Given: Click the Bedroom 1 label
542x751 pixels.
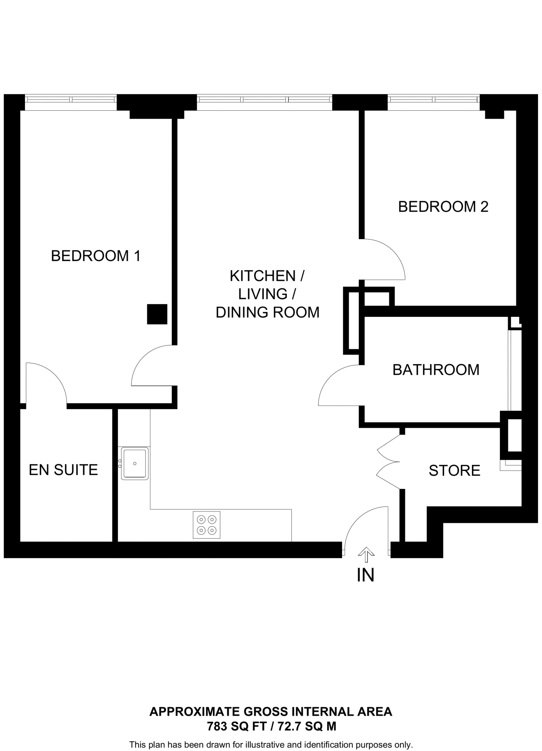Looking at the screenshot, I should point(96,256).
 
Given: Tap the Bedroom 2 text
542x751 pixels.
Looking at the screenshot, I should point(443,207).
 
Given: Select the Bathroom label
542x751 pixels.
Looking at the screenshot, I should point(436,370).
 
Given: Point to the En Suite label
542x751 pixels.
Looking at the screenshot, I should point(63,470).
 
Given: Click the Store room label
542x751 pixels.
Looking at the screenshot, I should point(454,471).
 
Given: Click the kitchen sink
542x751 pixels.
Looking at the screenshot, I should point(134,464).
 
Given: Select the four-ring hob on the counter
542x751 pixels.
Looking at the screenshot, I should point(207,525).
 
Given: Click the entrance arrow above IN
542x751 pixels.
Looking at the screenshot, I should point(366,554).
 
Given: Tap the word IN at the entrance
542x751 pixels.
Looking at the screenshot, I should point(365,575).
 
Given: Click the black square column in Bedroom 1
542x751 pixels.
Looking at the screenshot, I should point(157,314).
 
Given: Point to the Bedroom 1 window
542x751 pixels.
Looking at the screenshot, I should point(71,99).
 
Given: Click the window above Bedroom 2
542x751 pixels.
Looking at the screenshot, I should point(434,99).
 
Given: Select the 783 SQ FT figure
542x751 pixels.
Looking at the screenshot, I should point(236,726).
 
